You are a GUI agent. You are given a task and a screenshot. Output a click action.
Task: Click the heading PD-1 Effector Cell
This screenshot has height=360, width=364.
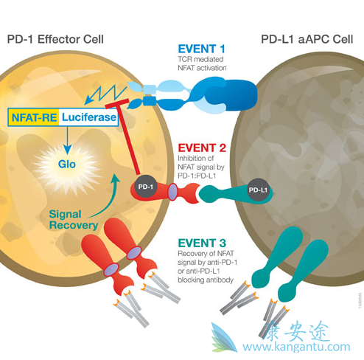(x=55, y=38)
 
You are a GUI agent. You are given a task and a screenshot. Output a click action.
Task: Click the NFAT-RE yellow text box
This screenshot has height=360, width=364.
(x=32, y=116)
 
